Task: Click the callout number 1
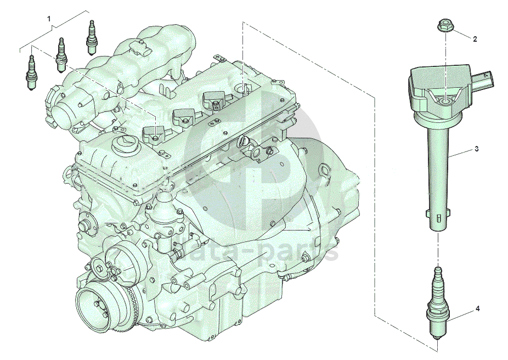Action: [x=49, y=19]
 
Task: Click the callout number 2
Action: [x=475, y=39]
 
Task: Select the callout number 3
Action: [x=476, y=149]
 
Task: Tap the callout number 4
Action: [x=477, y=309]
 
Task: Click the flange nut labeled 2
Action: [x=445, y=26]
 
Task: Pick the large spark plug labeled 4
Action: [x=438, y=303]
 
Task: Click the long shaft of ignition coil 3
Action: [x=437, y=172]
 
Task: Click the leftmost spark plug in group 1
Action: [x=31, y=72]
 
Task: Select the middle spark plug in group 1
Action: [x=60, y=55]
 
